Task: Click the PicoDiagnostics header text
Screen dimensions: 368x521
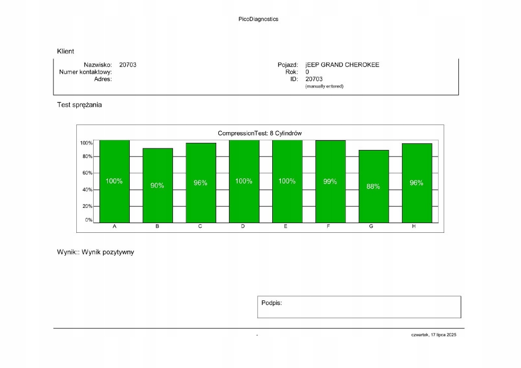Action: tap(258, 19)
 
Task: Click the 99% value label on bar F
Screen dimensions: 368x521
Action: tap(330, 181)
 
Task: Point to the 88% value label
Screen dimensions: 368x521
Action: tap(373, 187)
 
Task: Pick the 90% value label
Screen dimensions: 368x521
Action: tap(157, 186)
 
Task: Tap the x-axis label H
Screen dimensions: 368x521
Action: tap(414, 227)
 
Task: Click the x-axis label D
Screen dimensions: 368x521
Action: tap(243, 227)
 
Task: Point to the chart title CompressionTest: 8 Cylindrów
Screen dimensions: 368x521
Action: tap(260, 133)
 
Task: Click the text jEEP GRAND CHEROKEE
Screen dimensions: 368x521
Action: tap(342, 65)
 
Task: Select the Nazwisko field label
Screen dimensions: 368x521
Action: tap(98, 65)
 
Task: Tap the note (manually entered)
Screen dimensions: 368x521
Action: tap(324, 86)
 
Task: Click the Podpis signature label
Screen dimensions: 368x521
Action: tap(272, 303)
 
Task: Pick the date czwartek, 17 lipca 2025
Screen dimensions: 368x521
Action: tap(434, 335)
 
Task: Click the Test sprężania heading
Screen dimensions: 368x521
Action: tap(79, 105)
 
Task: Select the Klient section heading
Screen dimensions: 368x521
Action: tap(66, 51)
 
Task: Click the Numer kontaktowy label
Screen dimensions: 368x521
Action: tap(85, 72)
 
